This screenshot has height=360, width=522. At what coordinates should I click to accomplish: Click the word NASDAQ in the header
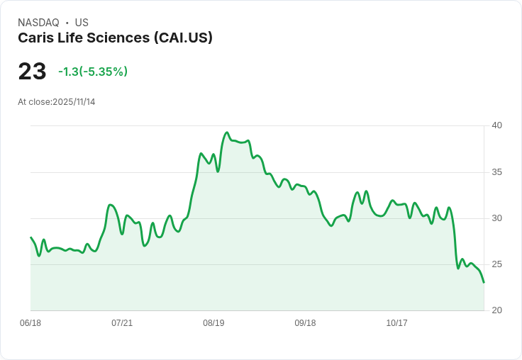[38, 23]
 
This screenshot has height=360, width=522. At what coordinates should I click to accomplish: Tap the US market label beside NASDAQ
[82, 23]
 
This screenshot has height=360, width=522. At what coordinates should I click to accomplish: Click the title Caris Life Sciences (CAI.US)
[115, 38]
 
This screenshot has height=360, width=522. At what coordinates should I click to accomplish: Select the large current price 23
[32, 72]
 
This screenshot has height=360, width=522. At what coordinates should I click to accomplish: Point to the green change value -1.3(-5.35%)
[93, 72]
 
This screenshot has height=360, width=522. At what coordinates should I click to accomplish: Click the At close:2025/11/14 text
[57, 102]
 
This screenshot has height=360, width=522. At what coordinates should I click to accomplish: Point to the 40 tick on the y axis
[497, 125]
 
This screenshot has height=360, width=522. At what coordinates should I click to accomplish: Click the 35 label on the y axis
[497, 172]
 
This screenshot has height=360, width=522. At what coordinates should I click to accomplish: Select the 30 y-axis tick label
[497, 218]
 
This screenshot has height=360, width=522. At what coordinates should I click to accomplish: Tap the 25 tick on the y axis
[497, 264]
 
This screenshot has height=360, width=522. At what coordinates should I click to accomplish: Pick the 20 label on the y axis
[497, 310]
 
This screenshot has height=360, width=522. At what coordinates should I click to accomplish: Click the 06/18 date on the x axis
[30, 323]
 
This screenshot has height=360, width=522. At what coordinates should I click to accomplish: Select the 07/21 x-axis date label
[122, 323]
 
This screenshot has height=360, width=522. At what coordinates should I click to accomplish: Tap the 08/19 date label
[213, 323]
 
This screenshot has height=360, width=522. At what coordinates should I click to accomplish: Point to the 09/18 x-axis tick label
[305, 323]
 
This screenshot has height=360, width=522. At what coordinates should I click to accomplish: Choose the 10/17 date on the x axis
[396, 323]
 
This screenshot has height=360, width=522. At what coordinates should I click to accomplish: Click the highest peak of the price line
[227, 133]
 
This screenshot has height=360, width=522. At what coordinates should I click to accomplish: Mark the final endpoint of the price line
[484, 283]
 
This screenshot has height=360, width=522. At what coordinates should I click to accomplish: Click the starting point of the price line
[30, 237]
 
